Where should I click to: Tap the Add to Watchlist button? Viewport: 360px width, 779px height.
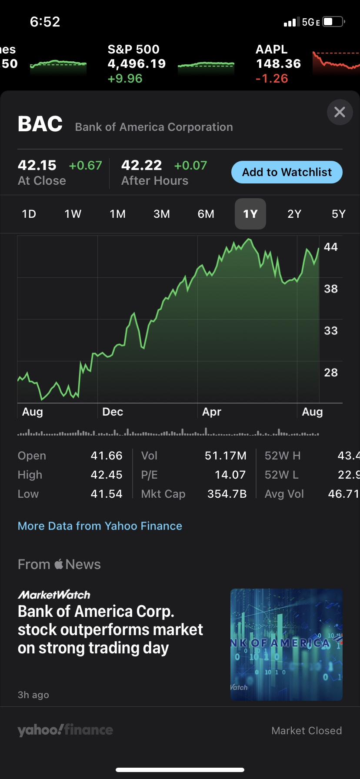pyautogui.click(x=287, y=172)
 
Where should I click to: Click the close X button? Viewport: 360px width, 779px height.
pyautogui.click(x=340, y=112)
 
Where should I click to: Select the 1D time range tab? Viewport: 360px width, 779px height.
pyautogui.click(x=29, y=214)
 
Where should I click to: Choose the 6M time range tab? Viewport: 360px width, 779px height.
pyautogui.click(x=206, y=214)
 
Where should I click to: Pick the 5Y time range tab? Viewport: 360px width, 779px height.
pyautogui.click(x=338, y=214)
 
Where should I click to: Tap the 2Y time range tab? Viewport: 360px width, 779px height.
pyautogui.click(x=294, y=214)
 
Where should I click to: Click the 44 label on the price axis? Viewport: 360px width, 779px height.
pyautogui.click(x=331, y=247)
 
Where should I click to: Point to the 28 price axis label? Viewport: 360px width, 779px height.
pyautogui.click(x=331, y=373)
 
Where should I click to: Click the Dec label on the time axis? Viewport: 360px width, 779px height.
pyautogui.click(x=113, y=412)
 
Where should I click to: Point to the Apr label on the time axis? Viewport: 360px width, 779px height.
pyautogui.click(x=212, y=412)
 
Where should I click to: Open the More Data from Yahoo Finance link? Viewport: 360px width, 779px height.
pyautogui.click(x=100, y=526)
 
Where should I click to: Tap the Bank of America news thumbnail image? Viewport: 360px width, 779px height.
pyautogui.click(x=286, y=644)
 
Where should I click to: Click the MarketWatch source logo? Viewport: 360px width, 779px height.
pyautogui.click(x=54, y=595)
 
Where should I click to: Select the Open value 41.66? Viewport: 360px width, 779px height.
pyautogui.click(x=107, y=456)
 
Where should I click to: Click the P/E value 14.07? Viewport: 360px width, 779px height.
pyautogui.click(x=230, y=475)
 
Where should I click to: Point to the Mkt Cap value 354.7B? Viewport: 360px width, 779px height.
pyautogui.click(x=227, y=494)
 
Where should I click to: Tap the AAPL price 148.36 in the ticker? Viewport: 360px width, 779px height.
pyautogui.click(x=278, y=64)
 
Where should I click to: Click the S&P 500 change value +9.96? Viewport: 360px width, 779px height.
pyautogui.click(x=125, y=79)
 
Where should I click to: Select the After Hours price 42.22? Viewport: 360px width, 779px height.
pyautogui.click(x=142, y=165)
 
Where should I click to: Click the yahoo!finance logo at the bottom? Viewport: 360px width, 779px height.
pyautogui.click(x=65, y=730)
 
